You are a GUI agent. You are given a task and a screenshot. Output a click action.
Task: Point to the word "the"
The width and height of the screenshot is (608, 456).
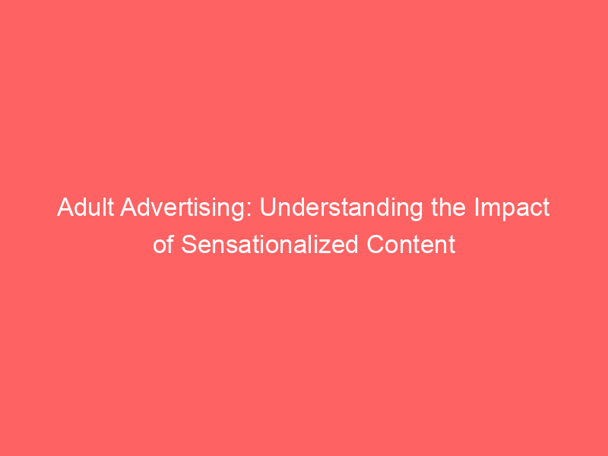tap(448, 207)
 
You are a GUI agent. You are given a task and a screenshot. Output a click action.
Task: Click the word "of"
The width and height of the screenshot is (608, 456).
tap(163, 244)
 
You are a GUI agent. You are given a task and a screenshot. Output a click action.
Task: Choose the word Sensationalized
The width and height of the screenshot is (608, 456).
tap(270, 244)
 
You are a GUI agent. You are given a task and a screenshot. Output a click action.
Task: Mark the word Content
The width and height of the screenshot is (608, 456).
tap(411, 244)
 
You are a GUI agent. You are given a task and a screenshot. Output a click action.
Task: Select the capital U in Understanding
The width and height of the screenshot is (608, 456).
tap(268, 207)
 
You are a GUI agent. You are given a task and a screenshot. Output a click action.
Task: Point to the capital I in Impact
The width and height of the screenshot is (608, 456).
tap(477, 207)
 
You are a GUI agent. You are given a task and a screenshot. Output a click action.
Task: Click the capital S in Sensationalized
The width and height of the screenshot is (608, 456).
tap(189, 245)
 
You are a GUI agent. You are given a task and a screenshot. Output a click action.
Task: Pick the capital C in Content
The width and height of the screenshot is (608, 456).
tap(375, 245)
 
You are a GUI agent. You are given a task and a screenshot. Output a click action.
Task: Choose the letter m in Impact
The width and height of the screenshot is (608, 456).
tap(490, 210)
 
